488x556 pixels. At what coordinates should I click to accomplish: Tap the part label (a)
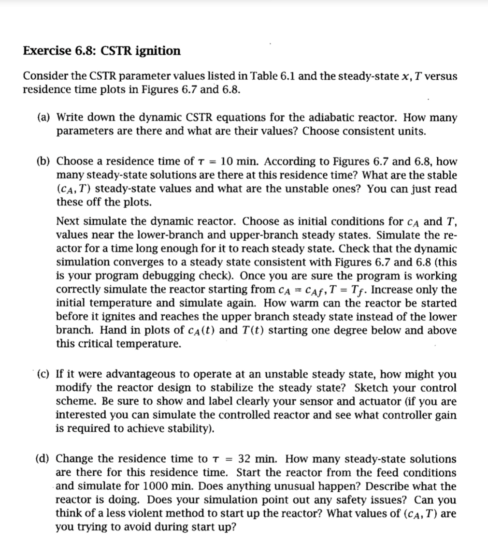pyautogui.click(x=46, y=117)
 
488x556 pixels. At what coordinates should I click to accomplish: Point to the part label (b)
pyautogui.click(x=46, y=161)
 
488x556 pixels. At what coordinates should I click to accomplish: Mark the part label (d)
pyautogui.click(x=46, y=458)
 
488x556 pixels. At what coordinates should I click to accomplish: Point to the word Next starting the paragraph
pyautogui.click(x=68, y=221)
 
